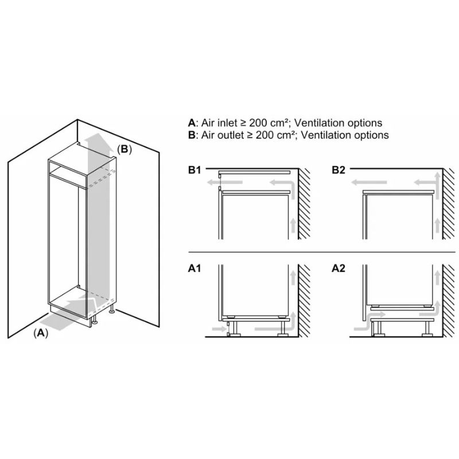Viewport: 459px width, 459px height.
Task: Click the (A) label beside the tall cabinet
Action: coord(40,333)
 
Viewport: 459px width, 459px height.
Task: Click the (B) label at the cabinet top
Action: coord(125,149)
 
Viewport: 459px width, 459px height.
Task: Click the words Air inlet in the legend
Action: coord(219,123)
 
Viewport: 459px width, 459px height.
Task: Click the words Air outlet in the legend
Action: coord(221,135)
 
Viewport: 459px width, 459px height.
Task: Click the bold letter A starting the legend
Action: coord(191,123)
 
